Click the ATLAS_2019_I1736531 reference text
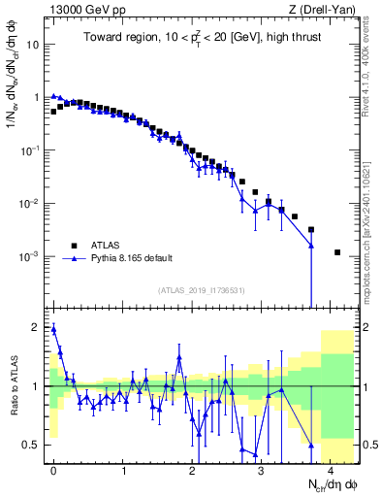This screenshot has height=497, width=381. pyautogui.click(x=201, y=290)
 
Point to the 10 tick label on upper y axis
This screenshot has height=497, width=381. pyautogui.click(x=33, y=45)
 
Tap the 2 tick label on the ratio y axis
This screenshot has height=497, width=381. pyautogui.click(x=36, y=327)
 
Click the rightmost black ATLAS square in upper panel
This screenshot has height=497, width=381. pyautogui.click(x=337, y=252)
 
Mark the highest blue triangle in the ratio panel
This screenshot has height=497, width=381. pyautogui.click(x=54, y=329)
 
